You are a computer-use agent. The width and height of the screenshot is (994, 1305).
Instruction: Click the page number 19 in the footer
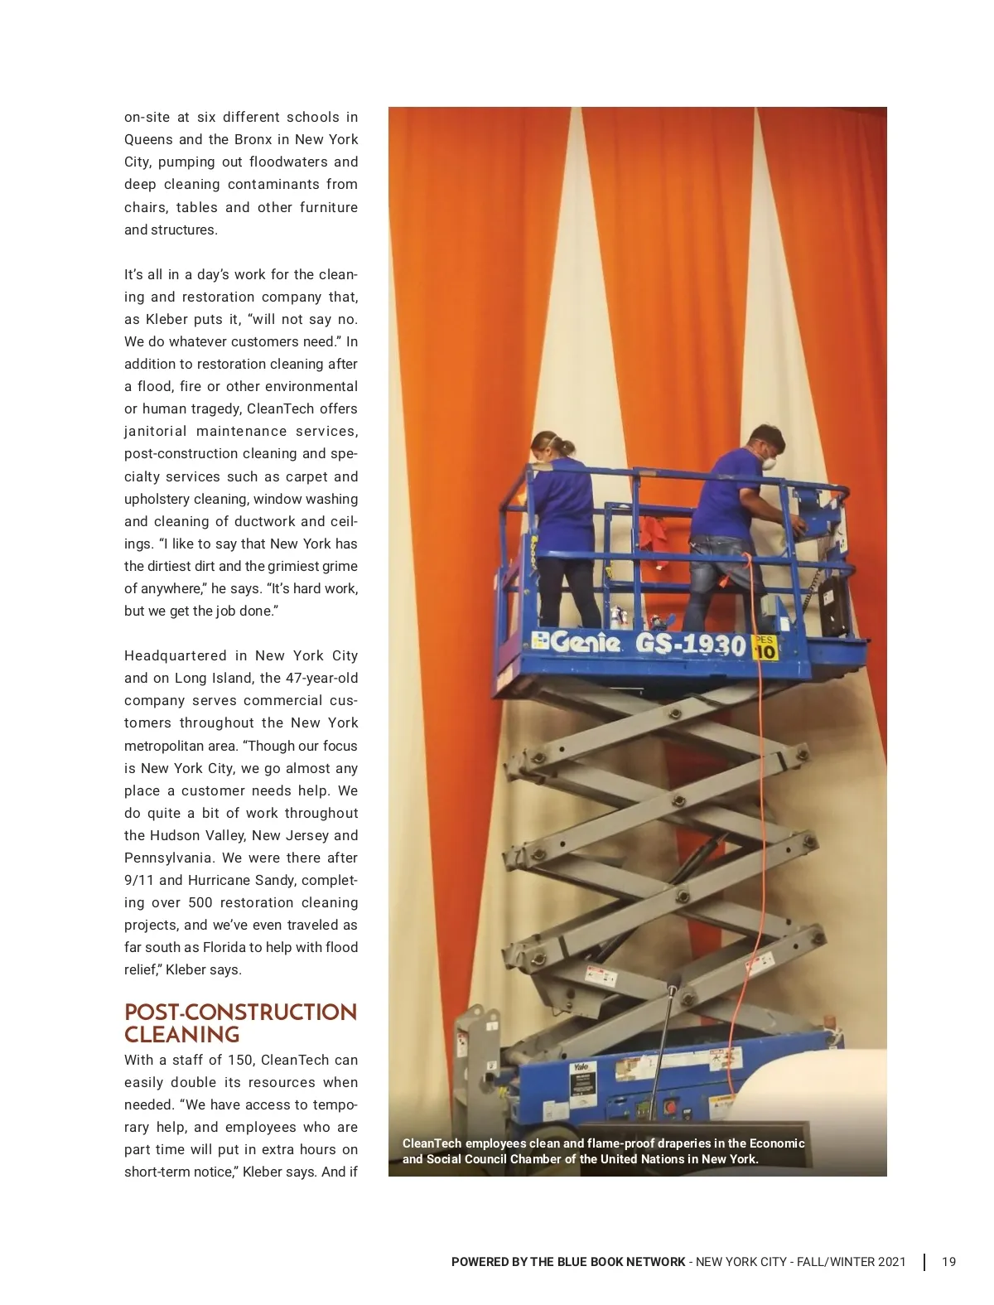click(x=948, y=1262)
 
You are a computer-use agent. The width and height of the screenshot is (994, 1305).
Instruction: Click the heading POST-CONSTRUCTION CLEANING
click(x=240, y=1023)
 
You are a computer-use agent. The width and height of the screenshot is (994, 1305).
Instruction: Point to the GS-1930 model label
click(x=691, y=645)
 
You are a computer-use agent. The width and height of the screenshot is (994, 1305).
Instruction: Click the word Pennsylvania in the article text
click(x=168, y=858)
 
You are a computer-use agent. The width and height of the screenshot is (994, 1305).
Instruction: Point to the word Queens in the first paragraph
click(x=147, y=139)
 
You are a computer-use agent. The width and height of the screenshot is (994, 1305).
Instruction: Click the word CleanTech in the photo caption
click(x=432, y=1143)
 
